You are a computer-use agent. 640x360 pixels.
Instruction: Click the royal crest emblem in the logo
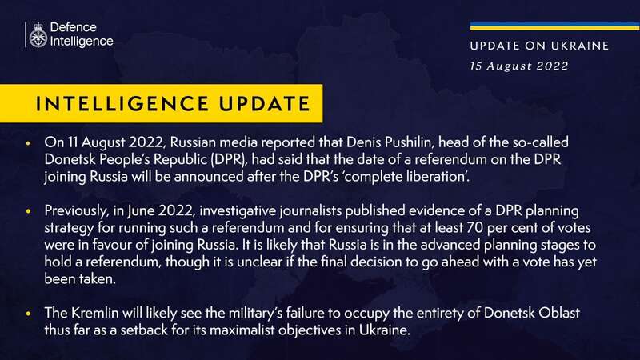pyautogui.click(x=38, y=35)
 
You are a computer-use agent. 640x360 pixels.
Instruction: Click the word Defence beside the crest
pyautogui.click(x=74, y=27)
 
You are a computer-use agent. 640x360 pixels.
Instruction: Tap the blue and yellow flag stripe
pyautogui.click(x=554, y=26)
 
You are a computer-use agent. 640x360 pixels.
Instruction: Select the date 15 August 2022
pyautogui.click(x=518, y=66)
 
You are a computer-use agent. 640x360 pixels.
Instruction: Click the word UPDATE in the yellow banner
pyautogui.click(x=265, y=104)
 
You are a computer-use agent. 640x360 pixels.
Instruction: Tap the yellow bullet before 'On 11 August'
pyautogui.click(x=28, y=143)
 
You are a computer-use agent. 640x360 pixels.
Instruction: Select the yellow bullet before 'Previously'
pyautogui.click(x=28, y=211)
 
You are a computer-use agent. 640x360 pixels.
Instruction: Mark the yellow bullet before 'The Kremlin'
pyautogui.click(x=28, y=314)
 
